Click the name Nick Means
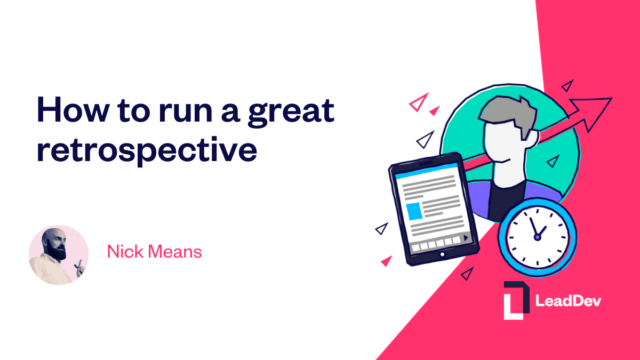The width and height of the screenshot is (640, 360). [x=154, y=251]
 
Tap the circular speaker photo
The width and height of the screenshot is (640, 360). [x=58, y=254]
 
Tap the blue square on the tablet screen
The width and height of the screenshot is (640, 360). [x=414, y=211]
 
